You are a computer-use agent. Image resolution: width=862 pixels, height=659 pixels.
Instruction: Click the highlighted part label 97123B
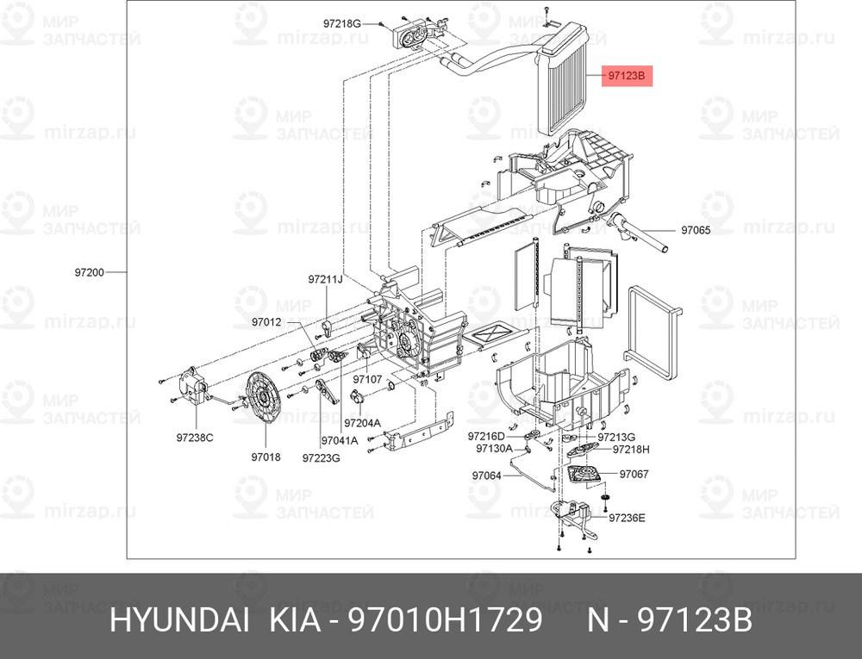click(x=627, y=75)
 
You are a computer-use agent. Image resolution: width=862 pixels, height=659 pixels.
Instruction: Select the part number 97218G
click(x=341, y=23)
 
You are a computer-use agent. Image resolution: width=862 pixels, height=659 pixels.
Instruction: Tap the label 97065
click(x=696, y=231)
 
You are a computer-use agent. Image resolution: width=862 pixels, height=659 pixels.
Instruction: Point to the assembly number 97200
click(x=90, y=272)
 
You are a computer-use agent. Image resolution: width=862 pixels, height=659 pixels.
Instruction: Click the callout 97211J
click(x=325, y=279)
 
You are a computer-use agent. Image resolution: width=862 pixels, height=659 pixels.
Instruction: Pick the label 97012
click(x=266, y=322)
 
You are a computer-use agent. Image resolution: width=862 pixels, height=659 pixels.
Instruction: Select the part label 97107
click(x=367, y=380)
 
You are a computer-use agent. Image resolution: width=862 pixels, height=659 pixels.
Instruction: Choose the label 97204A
click(x=362, y=423)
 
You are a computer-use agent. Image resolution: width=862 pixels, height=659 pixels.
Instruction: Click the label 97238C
click(x=195, y=438)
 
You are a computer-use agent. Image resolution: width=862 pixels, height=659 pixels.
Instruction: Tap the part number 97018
click(x=266, y=457)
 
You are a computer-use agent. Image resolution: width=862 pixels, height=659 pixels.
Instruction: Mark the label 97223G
click(x=321, y=457)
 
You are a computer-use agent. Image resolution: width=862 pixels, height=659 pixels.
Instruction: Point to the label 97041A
click(x=339, y=440)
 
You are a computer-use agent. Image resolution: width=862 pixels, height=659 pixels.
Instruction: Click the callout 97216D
click(x=486, y=437)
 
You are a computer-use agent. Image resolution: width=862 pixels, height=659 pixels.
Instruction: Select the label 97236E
click(x=627, y=518)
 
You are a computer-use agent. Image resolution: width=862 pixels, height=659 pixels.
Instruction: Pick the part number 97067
click(x=634, y=474)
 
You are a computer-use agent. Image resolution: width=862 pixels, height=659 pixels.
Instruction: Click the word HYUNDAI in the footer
click(x=179, y=621)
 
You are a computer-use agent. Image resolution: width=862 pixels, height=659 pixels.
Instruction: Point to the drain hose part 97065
click(x=638, y=233)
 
